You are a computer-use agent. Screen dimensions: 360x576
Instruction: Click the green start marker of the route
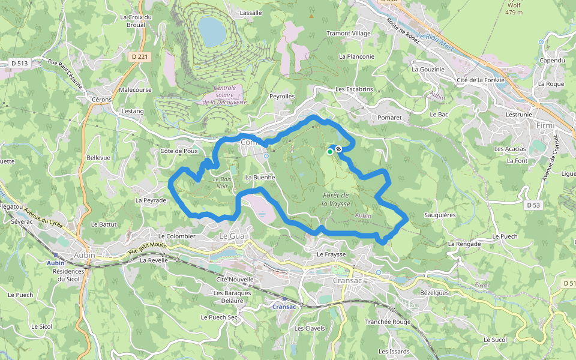click(x=329, y=152)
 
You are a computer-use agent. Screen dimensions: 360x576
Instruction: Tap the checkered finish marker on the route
click(x=339, y=149)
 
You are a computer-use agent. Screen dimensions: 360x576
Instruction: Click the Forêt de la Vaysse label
click(x=336, y=199)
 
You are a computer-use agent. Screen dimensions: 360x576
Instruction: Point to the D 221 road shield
click(x=139, y=56)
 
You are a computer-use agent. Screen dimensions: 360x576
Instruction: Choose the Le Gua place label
click(x=232, y=236)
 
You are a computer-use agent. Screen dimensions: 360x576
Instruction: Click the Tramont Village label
click(x=348, y=34)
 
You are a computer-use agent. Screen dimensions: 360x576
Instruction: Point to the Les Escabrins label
click(x=354, y=89)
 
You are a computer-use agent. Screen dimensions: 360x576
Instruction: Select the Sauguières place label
click(x=440, y=214)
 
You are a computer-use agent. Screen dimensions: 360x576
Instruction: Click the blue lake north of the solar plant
click(x=210, y=31)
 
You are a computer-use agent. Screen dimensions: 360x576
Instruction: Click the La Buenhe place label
click(x=260, y=178)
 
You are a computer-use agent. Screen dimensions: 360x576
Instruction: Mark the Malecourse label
click(x=135, y=89)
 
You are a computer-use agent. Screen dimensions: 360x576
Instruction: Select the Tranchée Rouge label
click(x=388, y=322)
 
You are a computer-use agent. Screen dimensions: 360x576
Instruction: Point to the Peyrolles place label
click(x=282, y=96)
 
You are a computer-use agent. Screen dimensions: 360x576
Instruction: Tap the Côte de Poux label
click(x=179, y=151)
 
